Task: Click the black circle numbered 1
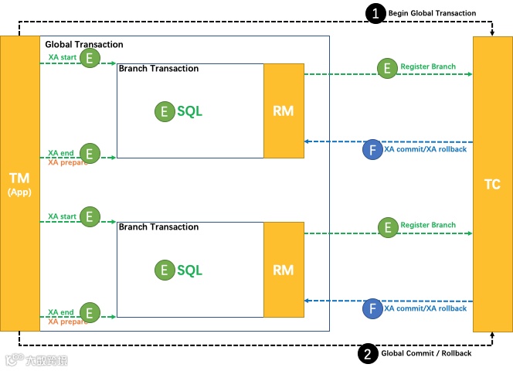click(x=375, y=13)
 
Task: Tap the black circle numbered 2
click(x=368, y=353)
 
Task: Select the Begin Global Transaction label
click(x=432, y=13)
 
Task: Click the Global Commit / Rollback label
click(x=426, y=353)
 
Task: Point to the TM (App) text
click(x=19, y=185)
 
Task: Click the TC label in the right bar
click(x=492, y=185)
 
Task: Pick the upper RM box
click(x=284, y=111)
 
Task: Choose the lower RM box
click(x=284, y=270)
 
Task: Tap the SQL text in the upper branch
click(x=190, y=111)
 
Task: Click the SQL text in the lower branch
click(x=190, y=271)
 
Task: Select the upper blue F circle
click(x=372, y=150)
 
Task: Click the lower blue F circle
click(x=372, y=308)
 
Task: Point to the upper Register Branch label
click(x=428, y=66)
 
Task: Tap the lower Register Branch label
click(x=428, y=225)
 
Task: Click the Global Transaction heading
click(x=84, y=44)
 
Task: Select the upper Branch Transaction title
click(x=158, y=69)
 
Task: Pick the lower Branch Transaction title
click(x=158, y=227)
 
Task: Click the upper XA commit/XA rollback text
click(x=426, y=149)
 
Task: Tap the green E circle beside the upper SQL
click(x=165, y=111)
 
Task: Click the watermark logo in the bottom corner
click(x=36, y=360)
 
